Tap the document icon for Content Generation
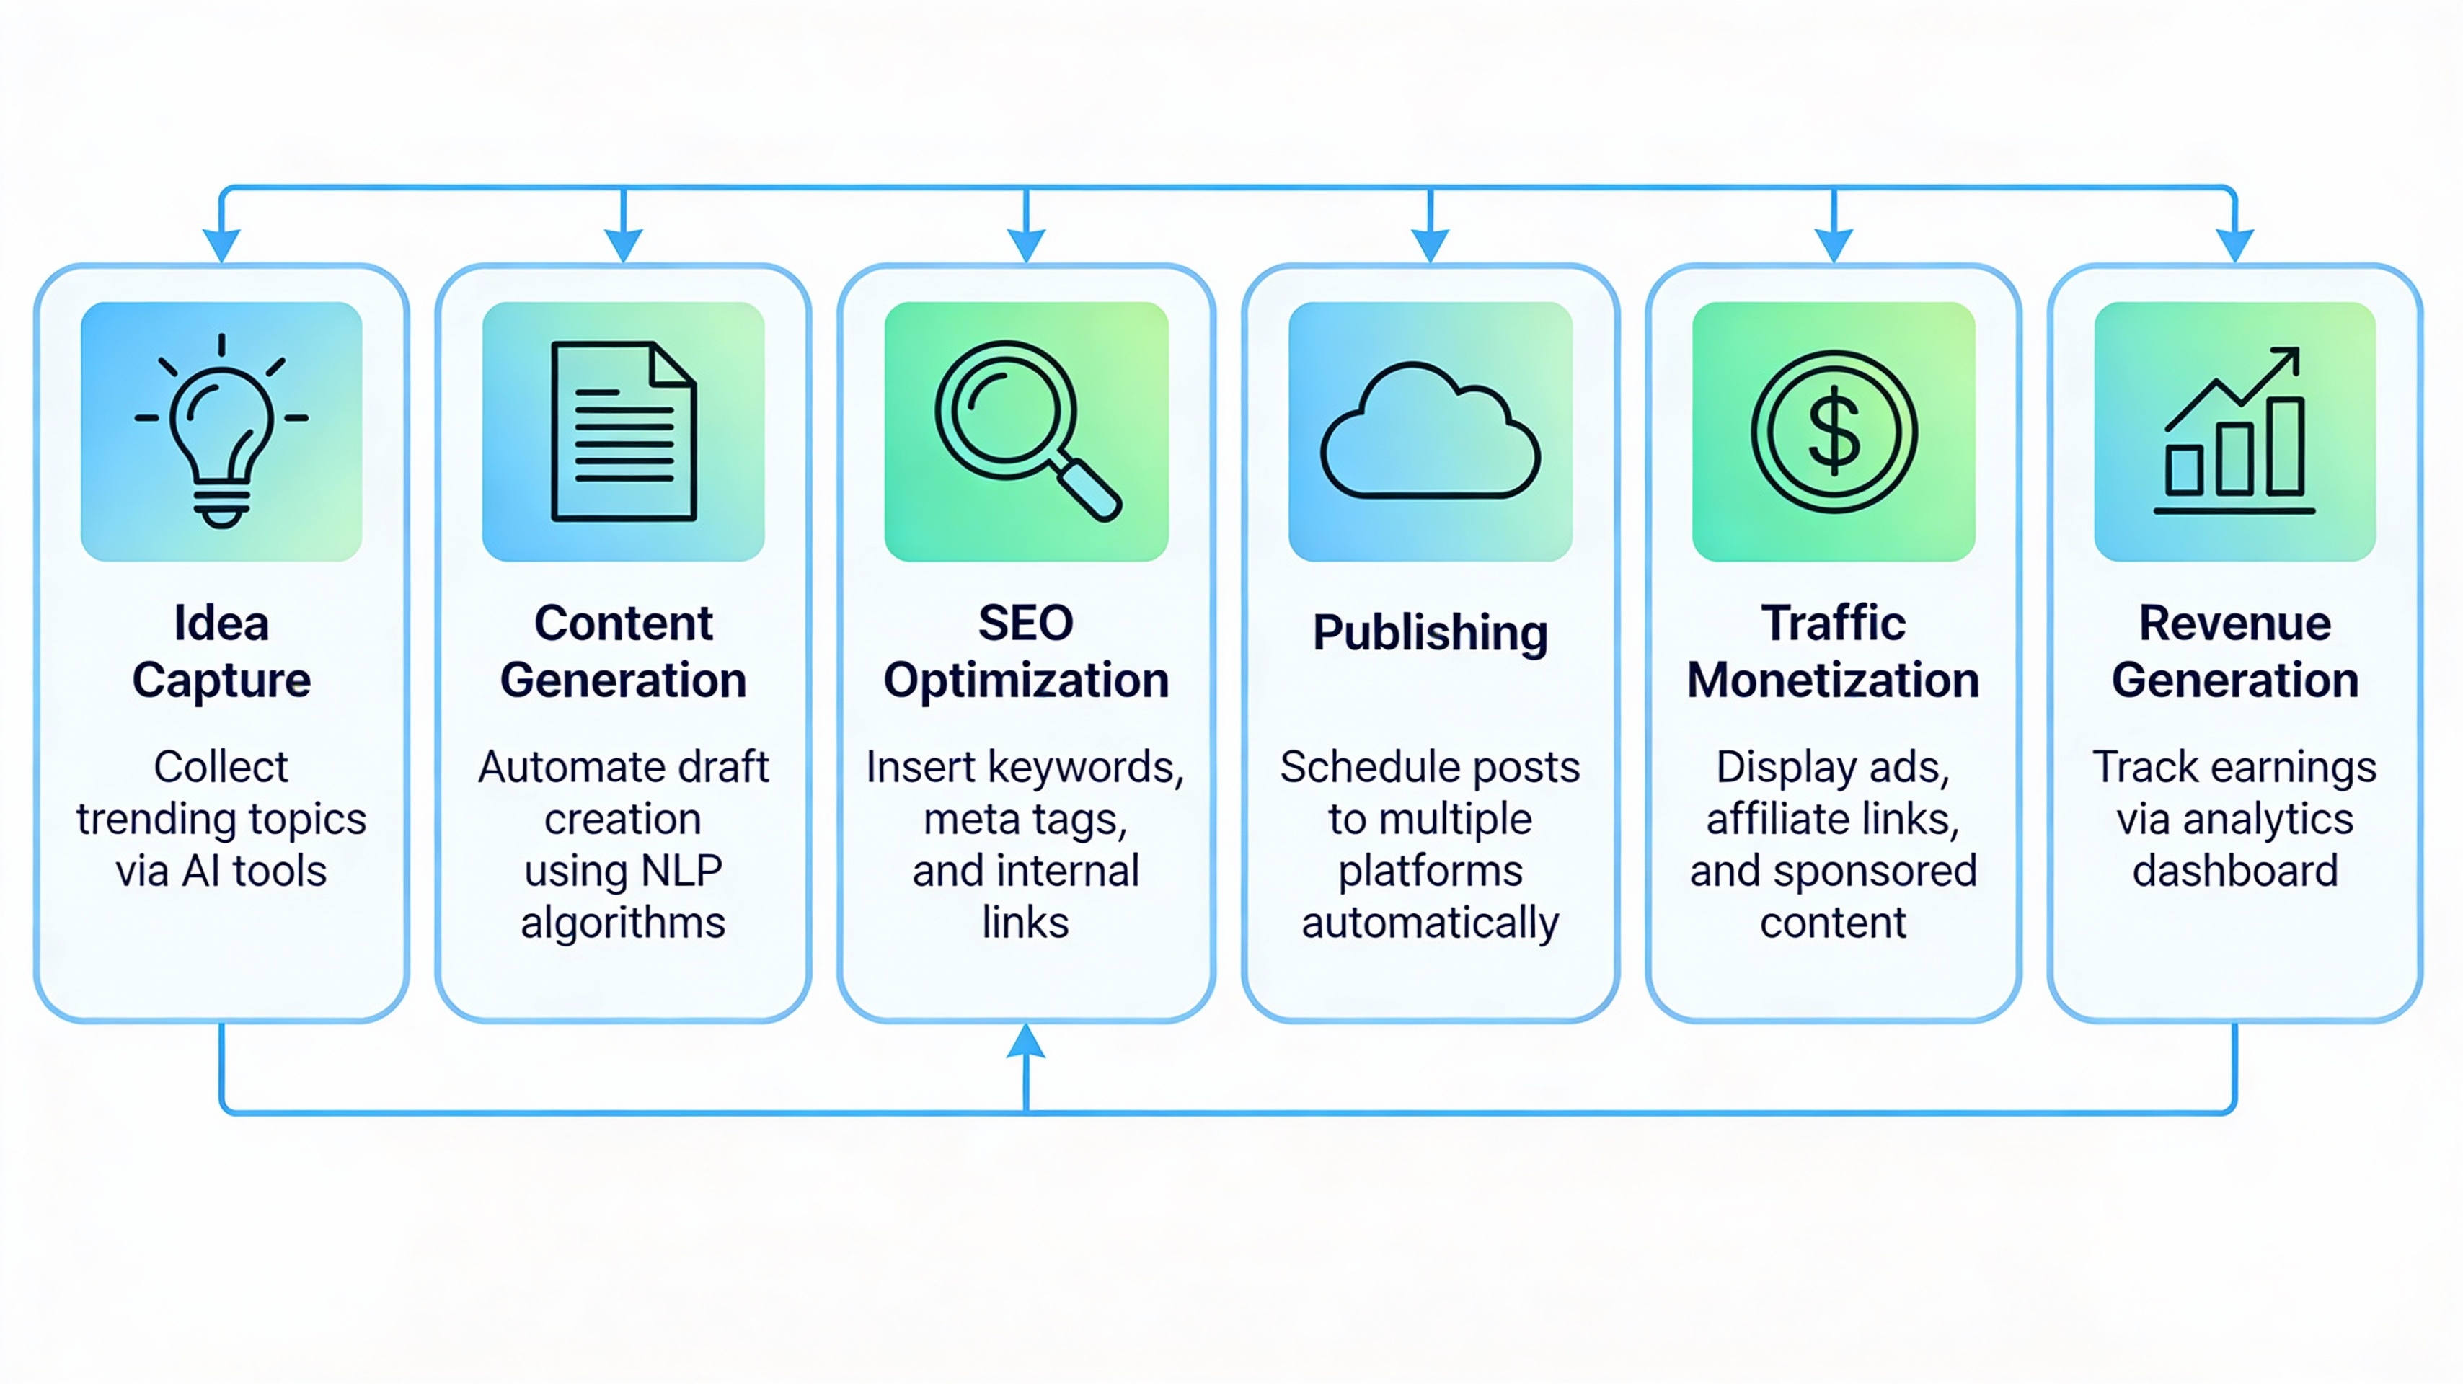624,432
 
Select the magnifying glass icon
1026,430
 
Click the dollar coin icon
1834,432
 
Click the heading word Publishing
1431,633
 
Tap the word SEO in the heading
1026,624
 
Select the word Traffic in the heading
1833,624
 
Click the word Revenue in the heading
2234,624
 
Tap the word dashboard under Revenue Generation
2234,871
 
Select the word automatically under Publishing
1431,923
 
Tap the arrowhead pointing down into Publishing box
1431,244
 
